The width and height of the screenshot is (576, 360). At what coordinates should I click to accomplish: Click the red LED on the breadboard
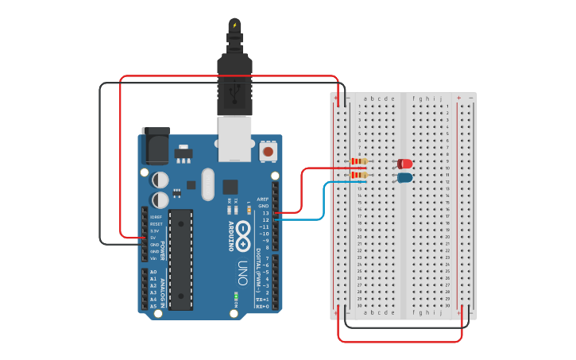[405, 164]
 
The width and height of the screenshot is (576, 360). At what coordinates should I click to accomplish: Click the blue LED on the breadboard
[405, 177]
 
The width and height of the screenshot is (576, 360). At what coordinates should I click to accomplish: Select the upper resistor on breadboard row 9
[359, 162]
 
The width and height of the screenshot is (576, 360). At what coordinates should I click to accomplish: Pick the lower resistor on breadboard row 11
[359, 176]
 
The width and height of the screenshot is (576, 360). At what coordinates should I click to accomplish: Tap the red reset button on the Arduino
[269, 151]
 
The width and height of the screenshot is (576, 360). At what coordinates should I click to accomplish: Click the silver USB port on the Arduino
[235, 138]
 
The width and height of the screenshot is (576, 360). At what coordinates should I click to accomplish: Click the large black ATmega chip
[180, 259]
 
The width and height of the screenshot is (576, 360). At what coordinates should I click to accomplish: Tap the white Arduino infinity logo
[242, 237]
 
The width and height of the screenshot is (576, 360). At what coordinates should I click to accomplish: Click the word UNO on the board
[242, 274]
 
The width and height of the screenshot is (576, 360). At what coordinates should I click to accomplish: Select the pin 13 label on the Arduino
[265, 213]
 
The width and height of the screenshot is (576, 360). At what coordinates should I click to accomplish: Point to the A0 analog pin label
[153, 272]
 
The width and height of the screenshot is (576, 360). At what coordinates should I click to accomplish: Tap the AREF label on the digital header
[263, 199]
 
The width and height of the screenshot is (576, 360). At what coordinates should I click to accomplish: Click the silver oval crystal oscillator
[208, 184]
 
